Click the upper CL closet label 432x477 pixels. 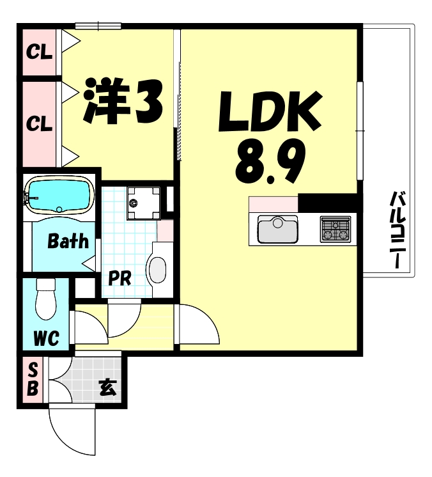[x=39, y=51]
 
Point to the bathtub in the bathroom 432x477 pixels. [x=59, y=196]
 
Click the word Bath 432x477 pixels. [x=68, y=242]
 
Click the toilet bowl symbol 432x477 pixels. [x=47, y=301]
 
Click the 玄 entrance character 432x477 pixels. [x=107, y=387]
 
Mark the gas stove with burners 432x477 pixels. [x=336, y=228]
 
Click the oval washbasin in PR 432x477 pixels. [x=157, y=269]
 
